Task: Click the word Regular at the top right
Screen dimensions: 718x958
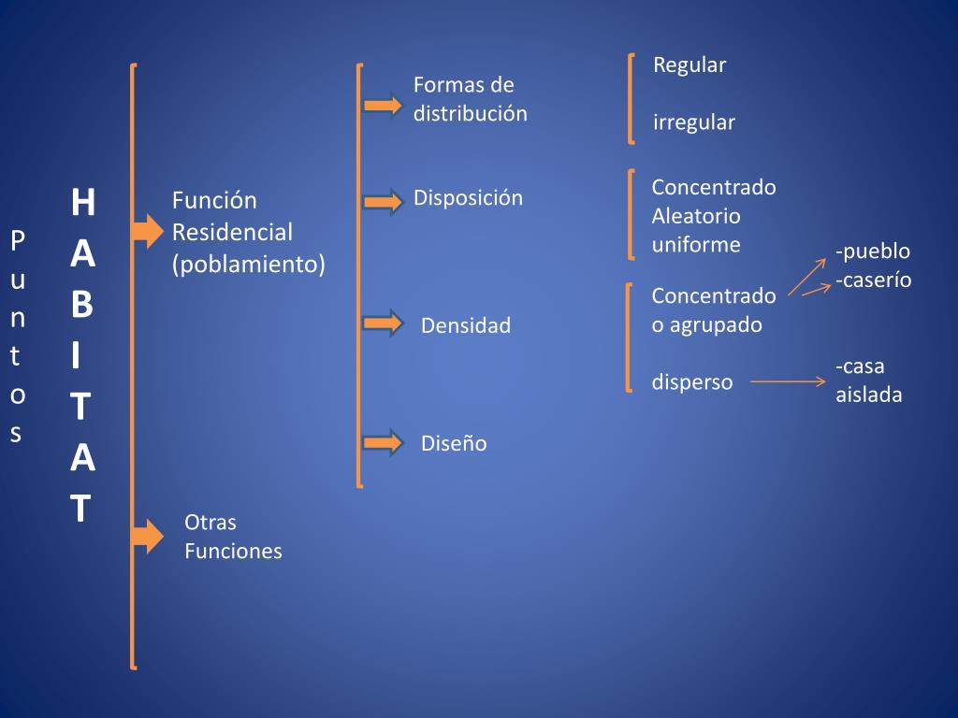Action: (689, 65)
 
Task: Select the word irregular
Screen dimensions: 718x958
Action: (694, 122)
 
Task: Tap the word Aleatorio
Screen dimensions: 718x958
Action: (696, 216)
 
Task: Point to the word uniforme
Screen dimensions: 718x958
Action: (696, 245)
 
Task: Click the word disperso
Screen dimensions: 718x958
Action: (692, 382)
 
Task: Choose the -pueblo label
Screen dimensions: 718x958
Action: (873, 251)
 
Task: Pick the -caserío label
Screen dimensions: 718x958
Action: (874, 280)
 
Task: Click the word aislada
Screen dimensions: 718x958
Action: (869, 395)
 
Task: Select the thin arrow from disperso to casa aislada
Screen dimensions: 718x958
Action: (788, 381)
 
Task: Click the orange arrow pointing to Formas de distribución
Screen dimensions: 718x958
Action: (382, 105)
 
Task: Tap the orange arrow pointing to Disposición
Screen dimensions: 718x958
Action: (382, 201)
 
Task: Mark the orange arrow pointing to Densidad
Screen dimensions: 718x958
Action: (382, 324)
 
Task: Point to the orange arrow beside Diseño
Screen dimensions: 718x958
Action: (382, 442)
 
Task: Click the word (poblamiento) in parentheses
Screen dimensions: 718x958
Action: (249, 265)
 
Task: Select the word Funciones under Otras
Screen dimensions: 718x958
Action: (233, 552)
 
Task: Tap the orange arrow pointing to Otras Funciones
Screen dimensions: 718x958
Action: (148, 536)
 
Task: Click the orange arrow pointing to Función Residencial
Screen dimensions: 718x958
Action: (148, 230)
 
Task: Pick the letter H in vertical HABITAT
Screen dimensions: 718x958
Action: (82, 202)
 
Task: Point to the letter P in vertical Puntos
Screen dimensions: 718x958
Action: (17, 241)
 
